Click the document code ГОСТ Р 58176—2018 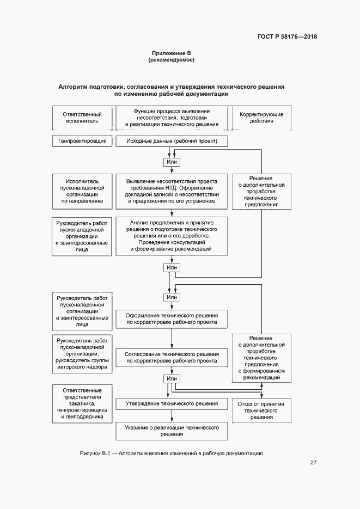point(287,37)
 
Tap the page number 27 point(314,463)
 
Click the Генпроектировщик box point(83,141)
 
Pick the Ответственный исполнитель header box point(83,118)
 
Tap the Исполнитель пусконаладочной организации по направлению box point(83,191)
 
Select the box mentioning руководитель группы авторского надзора point(83,354)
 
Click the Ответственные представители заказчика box point(83,404)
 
